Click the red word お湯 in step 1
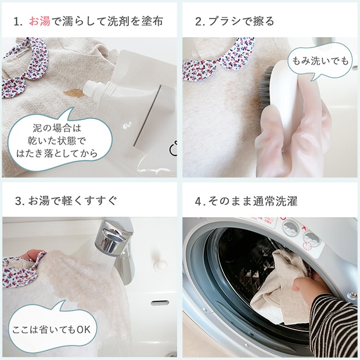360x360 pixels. click(x=39, y=21)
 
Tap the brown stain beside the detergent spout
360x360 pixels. click(x=74, y=93)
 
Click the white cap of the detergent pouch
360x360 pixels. click(x=91, y=88)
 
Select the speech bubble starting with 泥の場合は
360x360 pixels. click(x=59, y=140)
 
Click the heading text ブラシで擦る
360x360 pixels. click(x=242, y=21)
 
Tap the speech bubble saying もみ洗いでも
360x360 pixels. click(x=321, y=61)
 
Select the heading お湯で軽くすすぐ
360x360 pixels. click(x=73, y=201)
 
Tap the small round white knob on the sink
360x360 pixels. click(x=160, y=265)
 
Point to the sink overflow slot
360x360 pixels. click(x=160, y=303)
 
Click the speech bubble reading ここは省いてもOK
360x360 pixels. click(x=52, y=329)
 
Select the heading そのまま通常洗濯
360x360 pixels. click(x=253, y=201)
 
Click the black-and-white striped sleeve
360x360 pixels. click(x=333, y=326)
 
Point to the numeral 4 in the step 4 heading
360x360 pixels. click(x=198, y=201)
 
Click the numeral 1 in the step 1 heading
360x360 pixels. click(x=16, y=22)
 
